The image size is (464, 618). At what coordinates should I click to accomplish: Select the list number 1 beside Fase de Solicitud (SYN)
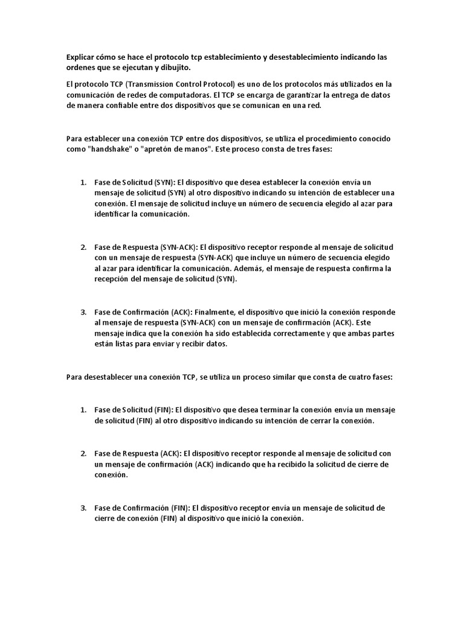[83, 182]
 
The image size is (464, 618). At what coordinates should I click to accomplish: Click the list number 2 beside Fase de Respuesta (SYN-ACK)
[83, 247]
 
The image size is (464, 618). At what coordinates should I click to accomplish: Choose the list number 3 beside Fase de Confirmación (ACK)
[83, 313]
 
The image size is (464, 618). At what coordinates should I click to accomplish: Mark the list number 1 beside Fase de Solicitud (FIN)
[83, 410]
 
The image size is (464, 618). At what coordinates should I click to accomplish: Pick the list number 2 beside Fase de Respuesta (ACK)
[83, 454]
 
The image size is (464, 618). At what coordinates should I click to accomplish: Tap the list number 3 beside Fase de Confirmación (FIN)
[83, 508]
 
